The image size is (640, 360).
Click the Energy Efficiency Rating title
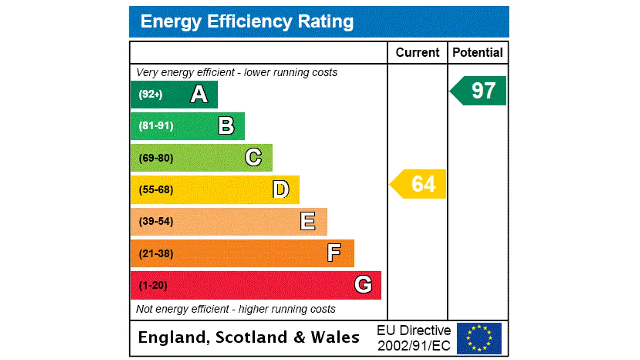click(x=247, y=22)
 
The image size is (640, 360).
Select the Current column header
click(x=417, y=53)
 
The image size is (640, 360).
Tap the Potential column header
click(x=478, y=53)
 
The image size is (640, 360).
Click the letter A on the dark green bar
click(x=199, y=94)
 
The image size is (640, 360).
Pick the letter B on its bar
click(x=226, y=126)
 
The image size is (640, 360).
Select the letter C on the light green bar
click(x=253, y=158)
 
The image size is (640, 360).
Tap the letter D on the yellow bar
click(x=281, y=190)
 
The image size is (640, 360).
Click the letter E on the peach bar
click(x=308, y=221)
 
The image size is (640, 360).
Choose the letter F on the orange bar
click(x=334, y=253)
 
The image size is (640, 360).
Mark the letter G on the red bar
click(x=363, y=285)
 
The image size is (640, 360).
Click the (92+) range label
click(x=150, y=94)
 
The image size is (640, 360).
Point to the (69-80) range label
click(x=156, y=158)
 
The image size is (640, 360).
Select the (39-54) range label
click(x=156, y=221)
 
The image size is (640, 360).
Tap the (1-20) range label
click(x=153, y=285)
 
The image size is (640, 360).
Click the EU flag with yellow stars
click(x=479, y=338)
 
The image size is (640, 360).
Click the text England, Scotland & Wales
click(x=248, y=337)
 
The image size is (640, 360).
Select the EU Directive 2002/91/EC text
click(x=414, y=338)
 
